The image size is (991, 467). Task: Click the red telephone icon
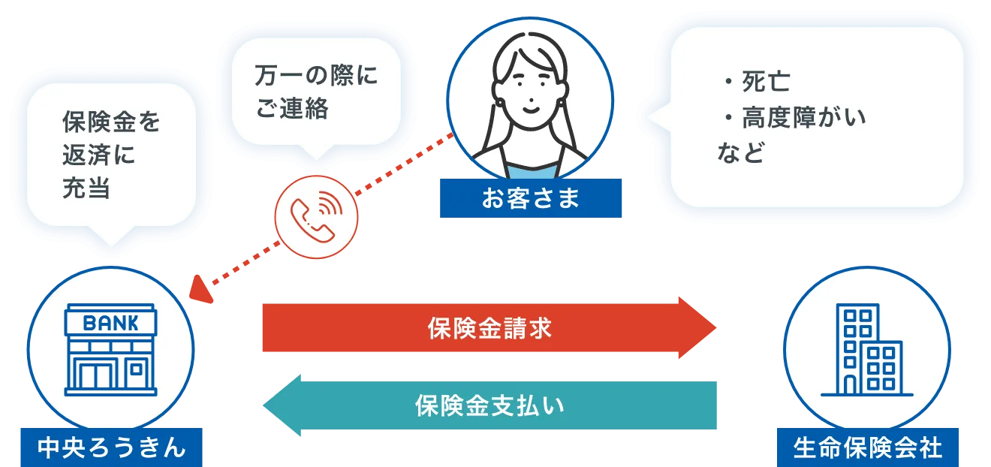[316, 217]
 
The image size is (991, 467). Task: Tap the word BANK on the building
[110, 324]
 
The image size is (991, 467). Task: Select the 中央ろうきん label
[111, 447]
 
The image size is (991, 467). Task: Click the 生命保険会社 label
[868, 447]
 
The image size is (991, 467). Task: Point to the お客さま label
[531, 197]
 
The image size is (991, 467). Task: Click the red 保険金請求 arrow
[489, 327]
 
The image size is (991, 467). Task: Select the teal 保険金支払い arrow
[489, 405]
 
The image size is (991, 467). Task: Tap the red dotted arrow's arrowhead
[201, 291]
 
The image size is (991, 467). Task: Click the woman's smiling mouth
[531, 109]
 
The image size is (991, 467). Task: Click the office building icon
[866, 349]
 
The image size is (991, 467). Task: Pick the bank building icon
[110, 349]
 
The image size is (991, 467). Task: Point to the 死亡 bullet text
[757, 82]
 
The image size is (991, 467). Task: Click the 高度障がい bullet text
[794, 118]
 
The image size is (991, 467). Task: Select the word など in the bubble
[741, 152]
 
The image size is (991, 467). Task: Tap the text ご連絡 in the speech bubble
[293, 108]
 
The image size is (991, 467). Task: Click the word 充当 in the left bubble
[86, 188]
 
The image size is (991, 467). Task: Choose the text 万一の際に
[316, 75]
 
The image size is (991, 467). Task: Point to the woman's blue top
[531, 170]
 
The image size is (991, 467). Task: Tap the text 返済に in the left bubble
[98, 155]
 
